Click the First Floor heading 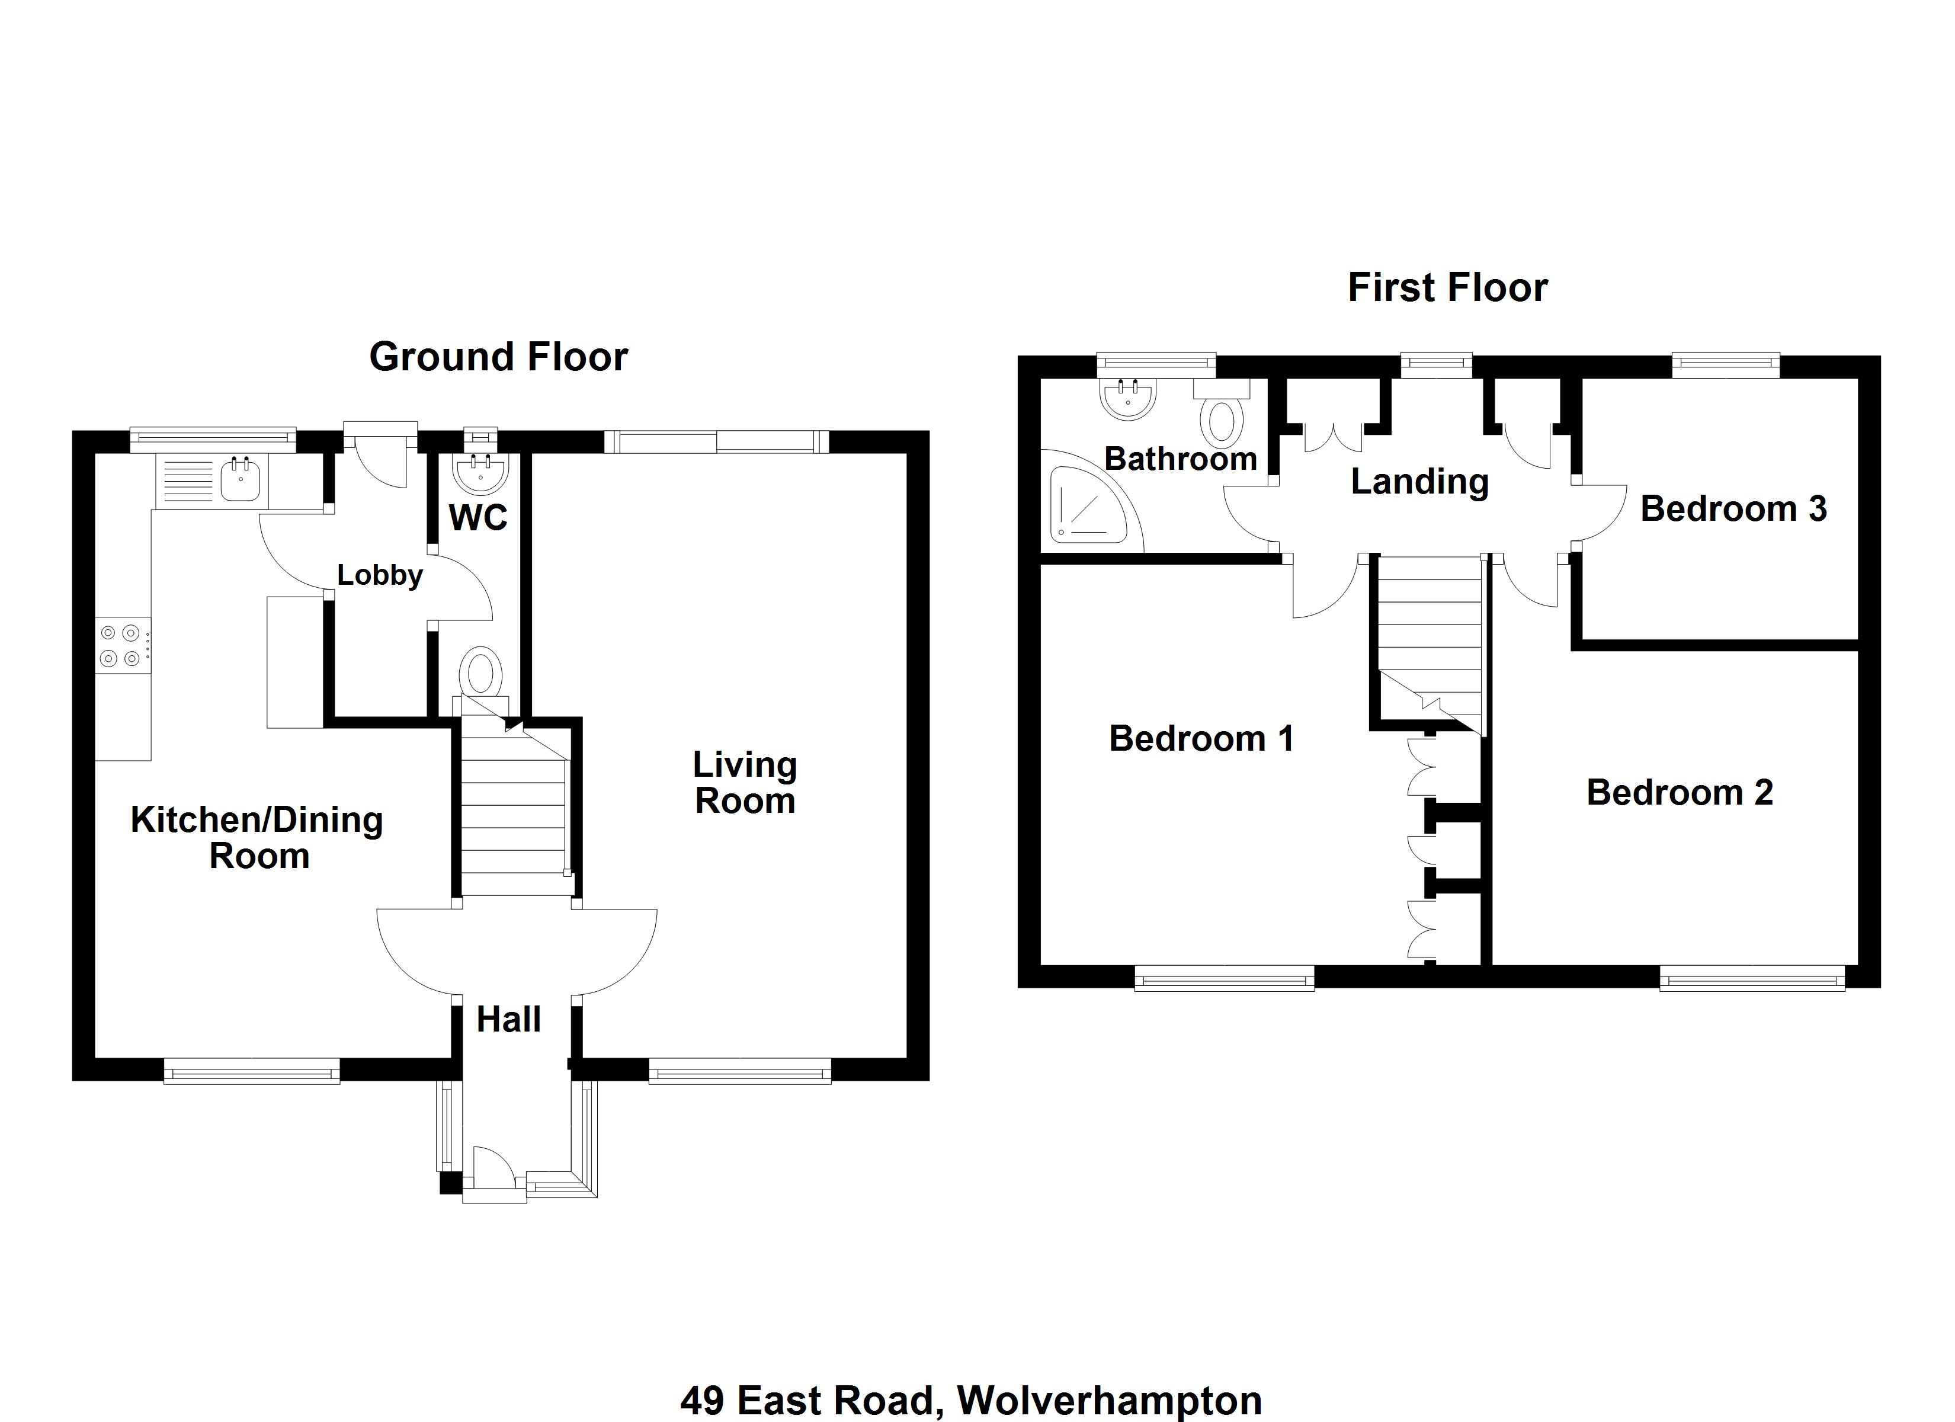[x=1447, y=287]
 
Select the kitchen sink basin [x=241, y=479]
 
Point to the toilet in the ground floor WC [x=481, y=672]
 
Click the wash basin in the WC [x=480, y=470]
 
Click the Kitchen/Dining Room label [x=257, y=837]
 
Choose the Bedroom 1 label [x=1201, y=738]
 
